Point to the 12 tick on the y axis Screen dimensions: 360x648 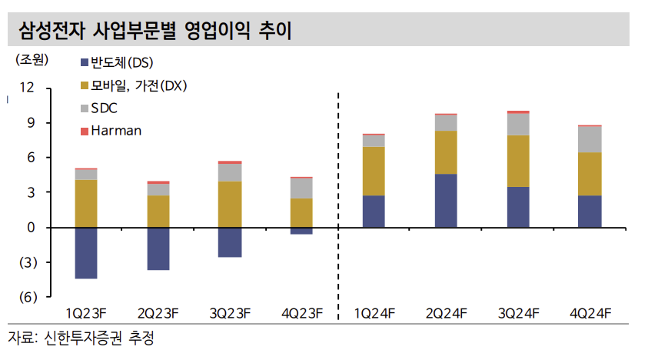tap(27, 88)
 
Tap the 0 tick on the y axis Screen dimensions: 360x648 tap(31, 228)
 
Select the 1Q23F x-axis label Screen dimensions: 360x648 tap(85, 313)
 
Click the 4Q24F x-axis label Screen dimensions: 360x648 tap(590, 313)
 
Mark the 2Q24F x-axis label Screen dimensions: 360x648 tap(447, 313)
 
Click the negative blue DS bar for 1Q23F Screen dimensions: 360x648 tap(85, 253)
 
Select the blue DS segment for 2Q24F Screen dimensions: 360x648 tap(446, 201)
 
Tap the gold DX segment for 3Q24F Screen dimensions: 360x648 tap(518, 161)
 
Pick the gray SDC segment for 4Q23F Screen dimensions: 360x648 tap(301, 188)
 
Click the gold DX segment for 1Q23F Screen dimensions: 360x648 tap(85, 203)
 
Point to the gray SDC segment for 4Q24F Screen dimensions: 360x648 tap(590, 139)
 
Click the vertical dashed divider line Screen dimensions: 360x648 tap(337, 200)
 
